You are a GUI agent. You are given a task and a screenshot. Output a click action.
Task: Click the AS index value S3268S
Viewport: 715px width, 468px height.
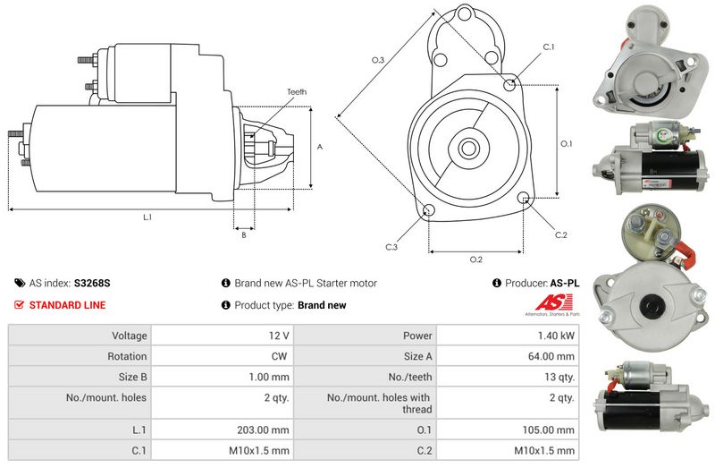pos(93,283)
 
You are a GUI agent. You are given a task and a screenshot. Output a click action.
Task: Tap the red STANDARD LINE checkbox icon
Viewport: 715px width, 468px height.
pos(19,305)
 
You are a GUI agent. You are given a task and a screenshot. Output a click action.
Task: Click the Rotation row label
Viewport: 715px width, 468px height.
pos(127,356)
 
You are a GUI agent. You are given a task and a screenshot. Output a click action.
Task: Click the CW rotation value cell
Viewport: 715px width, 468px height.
pos(280,356)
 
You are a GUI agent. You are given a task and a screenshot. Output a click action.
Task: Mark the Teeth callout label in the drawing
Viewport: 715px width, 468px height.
pos(297,92)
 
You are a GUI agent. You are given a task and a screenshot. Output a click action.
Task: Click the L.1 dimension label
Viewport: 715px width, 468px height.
pos(147,217)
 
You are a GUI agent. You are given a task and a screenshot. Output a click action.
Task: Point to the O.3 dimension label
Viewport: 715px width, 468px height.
pos(378,60)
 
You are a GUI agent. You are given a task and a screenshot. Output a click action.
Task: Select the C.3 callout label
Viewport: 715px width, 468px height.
pos(391,247)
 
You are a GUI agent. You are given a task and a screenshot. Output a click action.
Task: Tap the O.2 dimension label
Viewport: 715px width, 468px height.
pos(476,260)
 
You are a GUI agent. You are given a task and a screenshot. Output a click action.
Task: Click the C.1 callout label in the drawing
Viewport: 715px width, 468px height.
pos(549,47)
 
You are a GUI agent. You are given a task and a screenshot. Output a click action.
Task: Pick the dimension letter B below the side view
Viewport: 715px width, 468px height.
pos(243,235)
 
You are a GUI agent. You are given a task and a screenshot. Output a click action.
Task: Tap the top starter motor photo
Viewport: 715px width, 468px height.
pos(644,58)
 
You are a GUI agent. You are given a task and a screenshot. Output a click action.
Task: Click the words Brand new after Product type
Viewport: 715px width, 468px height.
pos(322,305)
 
